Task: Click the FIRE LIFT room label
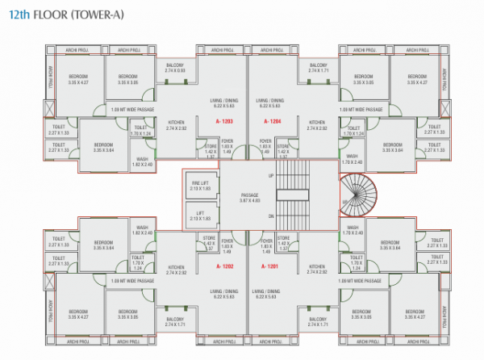tap(200, 185)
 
